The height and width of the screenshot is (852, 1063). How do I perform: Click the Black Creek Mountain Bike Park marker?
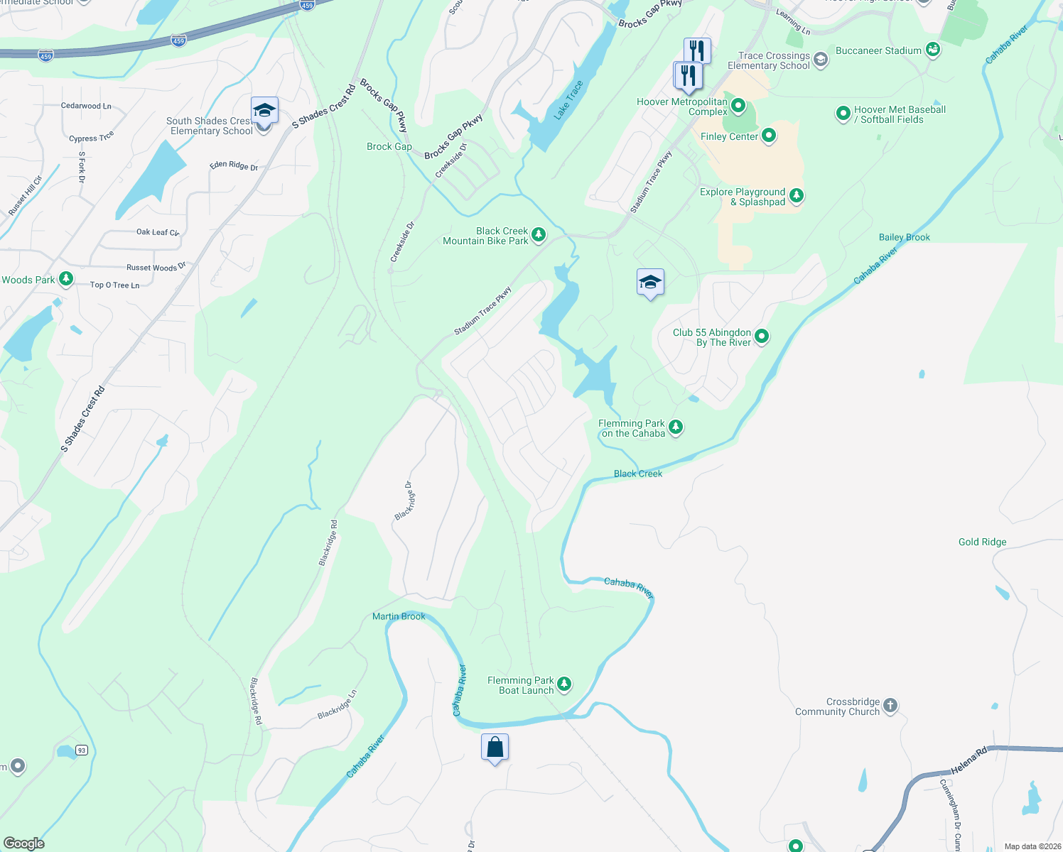click(539, 235)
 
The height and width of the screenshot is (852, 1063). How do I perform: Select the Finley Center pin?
click(768, 136)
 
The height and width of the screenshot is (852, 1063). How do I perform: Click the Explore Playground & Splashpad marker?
click(797, 196)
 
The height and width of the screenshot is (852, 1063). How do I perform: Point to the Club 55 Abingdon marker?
click(761, 337)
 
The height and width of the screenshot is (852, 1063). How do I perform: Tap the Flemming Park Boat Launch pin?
click(564, 684)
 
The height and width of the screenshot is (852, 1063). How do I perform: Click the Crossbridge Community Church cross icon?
click(890, 706)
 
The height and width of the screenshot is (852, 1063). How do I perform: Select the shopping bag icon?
click(495, 747)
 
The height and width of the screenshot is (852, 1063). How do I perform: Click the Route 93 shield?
click(82, 750)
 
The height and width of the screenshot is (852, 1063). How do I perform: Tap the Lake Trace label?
click(568, 100)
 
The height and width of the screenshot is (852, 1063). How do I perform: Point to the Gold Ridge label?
click(982, 542)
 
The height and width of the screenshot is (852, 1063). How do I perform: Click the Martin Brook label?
click(399, 616)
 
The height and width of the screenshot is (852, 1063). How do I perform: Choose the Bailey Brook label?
click(904, 237)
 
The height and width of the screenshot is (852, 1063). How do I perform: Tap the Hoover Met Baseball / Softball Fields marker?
click(843, 114)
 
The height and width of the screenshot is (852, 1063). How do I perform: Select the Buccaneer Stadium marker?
click(933, 50)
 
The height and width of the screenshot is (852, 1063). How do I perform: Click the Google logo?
click(24, 843)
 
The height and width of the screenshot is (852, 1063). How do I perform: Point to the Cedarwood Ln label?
click(86, 106)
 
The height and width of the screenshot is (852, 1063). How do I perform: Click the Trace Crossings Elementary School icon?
click(821, 60)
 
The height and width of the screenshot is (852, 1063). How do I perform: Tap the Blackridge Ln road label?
click(337, 704)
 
